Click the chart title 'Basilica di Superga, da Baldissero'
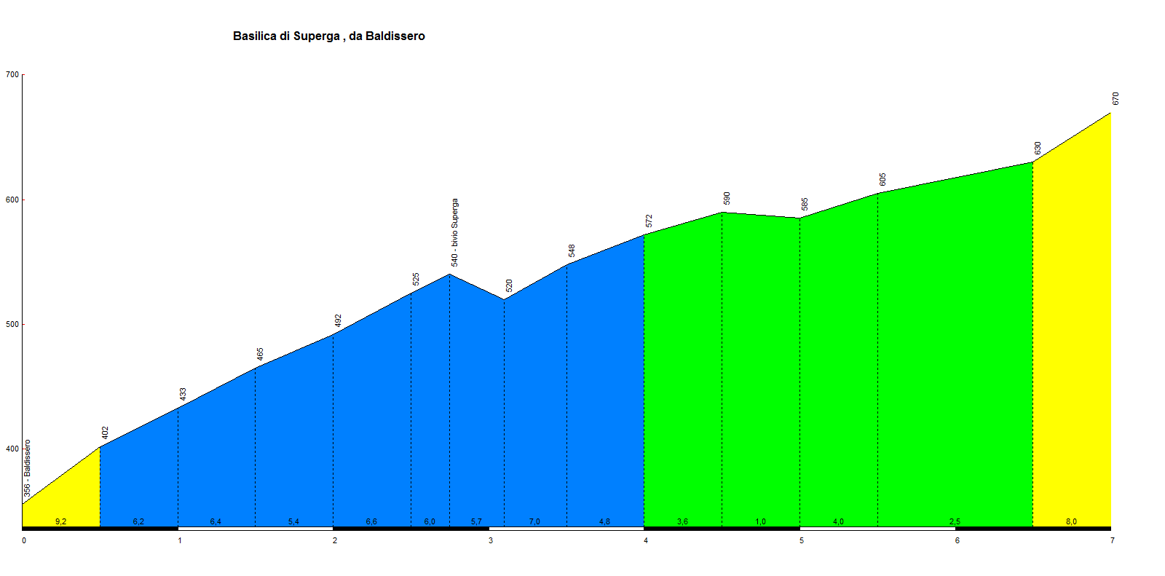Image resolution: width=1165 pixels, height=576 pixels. [328, 36]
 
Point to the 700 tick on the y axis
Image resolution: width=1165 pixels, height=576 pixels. [12, 74]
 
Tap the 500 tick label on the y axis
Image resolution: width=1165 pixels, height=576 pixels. [12, 325]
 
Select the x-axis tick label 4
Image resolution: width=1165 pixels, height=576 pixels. [646, 540]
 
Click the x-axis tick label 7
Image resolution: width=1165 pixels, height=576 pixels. [1112, 540]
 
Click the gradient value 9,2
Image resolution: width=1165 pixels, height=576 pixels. [60, 521]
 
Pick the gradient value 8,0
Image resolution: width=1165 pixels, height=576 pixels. [1071, 521]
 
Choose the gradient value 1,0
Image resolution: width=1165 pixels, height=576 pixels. [760, 521]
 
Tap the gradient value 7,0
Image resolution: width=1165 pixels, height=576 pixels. [534, 521]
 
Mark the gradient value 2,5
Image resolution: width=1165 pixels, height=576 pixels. [955, 521]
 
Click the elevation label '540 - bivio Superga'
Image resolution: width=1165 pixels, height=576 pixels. [454, 232]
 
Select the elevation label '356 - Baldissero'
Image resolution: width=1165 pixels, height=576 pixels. [27, 468]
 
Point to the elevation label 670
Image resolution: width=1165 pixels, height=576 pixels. [1115, 98]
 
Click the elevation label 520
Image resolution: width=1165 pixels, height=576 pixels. [509, 285]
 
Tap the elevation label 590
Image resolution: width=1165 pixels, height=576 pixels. [727, 198]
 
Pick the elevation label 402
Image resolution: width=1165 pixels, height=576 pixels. [105, 433]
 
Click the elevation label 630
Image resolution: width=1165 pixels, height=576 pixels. [1038, 148]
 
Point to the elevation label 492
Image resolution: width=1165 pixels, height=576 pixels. [338, 320]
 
